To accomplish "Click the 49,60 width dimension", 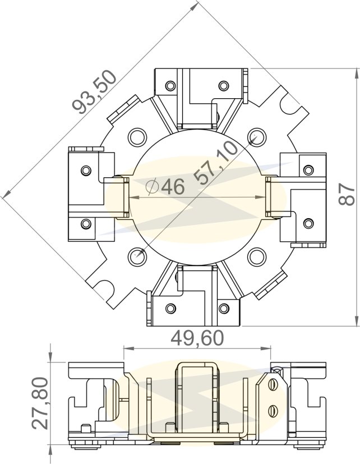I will (x=196, y=338).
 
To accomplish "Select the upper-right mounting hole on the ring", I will (x=256, y=136).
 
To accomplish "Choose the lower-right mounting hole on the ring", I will (x=256, y=256).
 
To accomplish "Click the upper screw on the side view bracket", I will (x=274, y=385).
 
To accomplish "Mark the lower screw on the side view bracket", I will (x=274, y=410).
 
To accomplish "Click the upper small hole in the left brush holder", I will (x=86, y=169).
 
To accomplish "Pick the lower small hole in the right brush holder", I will (x=307, y=223).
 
